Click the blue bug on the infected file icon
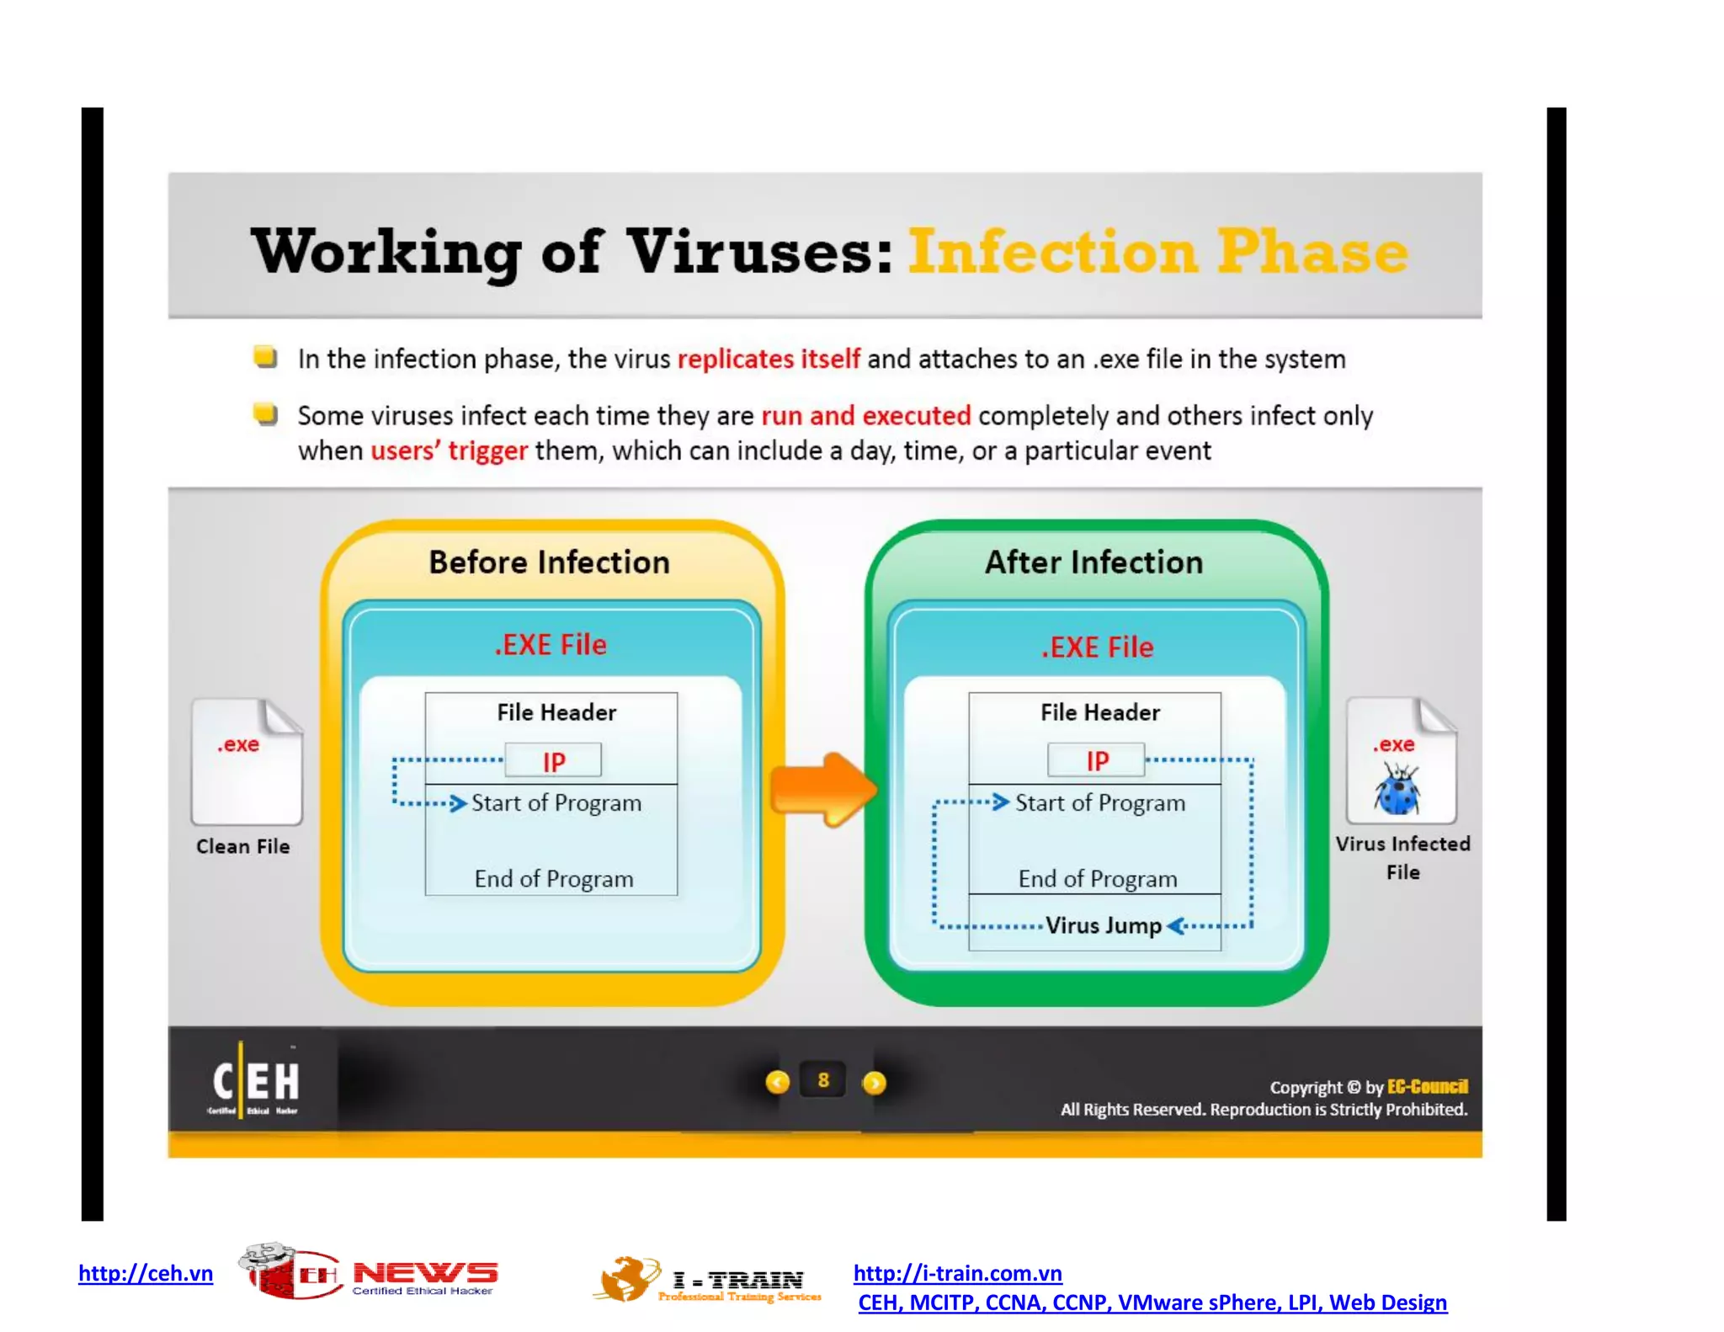point(1398,790)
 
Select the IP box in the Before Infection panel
point(553,761)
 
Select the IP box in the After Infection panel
point(1096,760)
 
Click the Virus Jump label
point(1103,925)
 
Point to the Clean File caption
point(242,846)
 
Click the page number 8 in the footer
point(823,1080)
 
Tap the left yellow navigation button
point(778,1082)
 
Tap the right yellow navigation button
point(875,1083)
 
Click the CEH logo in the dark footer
point(255,1082)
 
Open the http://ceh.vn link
point(146,1273)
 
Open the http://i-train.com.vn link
point(957,1273)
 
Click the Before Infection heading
point(549,562)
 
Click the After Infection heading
point(1093,562)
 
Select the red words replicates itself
point(769,360)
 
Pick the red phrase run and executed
point(865,416)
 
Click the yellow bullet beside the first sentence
point(265,357)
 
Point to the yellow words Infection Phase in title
point(1157,252)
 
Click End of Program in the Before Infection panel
point(553,879)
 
